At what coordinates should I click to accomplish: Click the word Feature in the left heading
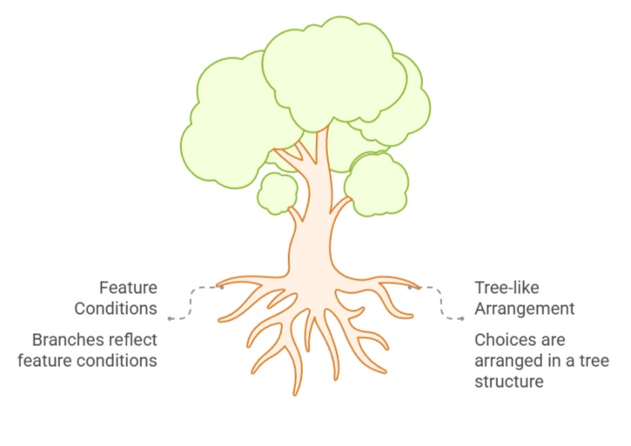[128, 288]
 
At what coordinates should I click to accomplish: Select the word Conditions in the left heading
[115, 309]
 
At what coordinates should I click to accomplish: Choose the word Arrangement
[525, 309]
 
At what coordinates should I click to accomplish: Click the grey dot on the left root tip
[222, 287]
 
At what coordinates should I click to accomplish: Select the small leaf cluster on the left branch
[279, 193]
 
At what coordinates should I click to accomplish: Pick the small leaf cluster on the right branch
[376, 183]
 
